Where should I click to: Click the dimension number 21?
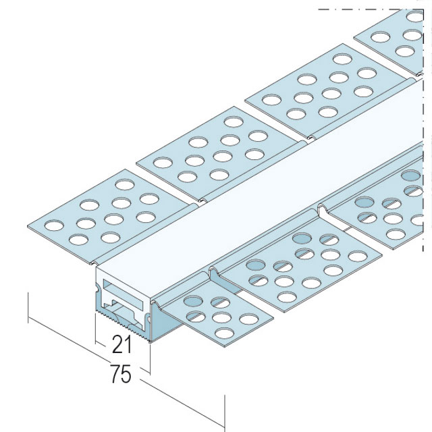[122, 344]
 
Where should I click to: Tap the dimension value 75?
[121, 374]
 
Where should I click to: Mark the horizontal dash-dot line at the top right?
[371, 9]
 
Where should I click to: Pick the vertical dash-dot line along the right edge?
[423, 130]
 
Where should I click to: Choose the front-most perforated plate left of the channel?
[109, 217]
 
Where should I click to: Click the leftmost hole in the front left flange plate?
[54, 225]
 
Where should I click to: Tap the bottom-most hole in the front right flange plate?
[224, 333]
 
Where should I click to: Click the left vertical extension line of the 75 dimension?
[28, 308]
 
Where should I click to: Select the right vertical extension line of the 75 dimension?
[225, 413]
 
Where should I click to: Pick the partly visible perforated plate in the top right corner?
[389, 41]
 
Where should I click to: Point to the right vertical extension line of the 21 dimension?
[150, 358]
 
